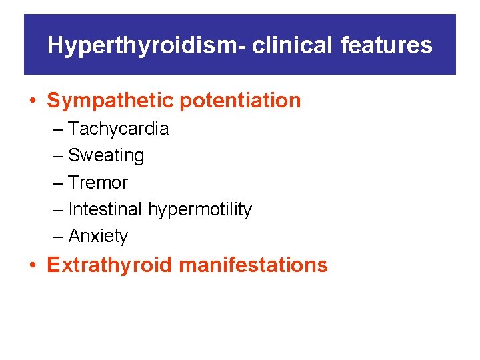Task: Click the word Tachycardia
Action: (119, 129)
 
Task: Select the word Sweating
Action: (106, 155)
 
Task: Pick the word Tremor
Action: (98, 183)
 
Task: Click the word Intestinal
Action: (105, 209)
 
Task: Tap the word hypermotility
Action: (200, 209)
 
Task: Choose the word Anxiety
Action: (98, 236)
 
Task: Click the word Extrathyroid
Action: (110, 265)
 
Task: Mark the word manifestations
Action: (253, 265)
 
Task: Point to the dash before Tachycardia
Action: (58, 129)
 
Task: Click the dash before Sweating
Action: (58, 156)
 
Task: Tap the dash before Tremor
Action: (58, 183)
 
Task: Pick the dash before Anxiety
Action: (58, 237)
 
